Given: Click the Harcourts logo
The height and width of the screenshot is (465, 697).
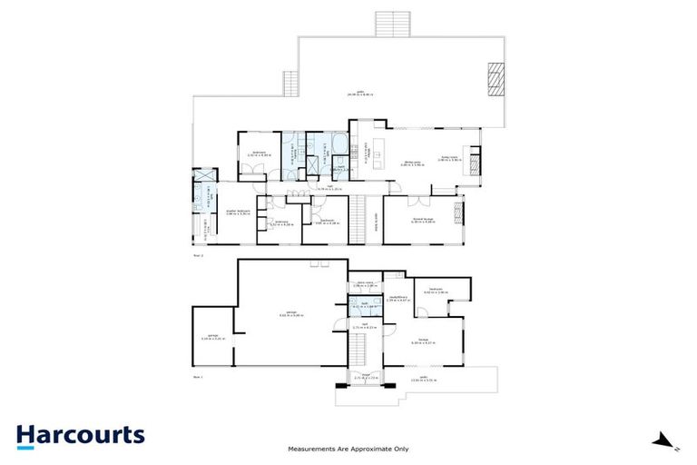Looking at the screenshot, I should pos(80,434).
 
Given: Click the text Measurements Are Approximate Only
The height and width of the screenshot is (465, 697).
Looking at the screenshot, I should pos(348,449).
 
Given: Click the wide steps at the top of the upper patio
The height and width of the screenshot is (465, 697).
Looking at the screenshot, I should pos(394,25).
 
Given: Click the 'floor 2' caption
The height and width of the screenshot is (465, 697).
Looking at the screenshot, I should pos(199,256).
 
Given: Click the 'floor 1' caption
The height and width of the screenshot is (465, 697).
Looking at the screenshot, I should pos(199,374).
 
